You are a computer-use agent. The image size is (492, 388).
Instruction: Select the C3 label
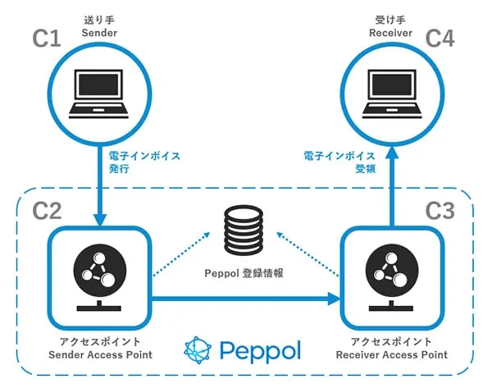click(x=440, y=212)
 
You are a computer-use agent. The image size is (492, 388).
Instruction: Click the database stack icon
click(x=244, y=234)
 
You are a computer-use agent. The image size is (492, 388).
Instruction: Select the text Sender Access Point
click(x=99, y=354)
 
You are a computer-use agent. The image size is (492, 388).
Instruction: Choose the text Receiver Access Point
click(x=392, y=354)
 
